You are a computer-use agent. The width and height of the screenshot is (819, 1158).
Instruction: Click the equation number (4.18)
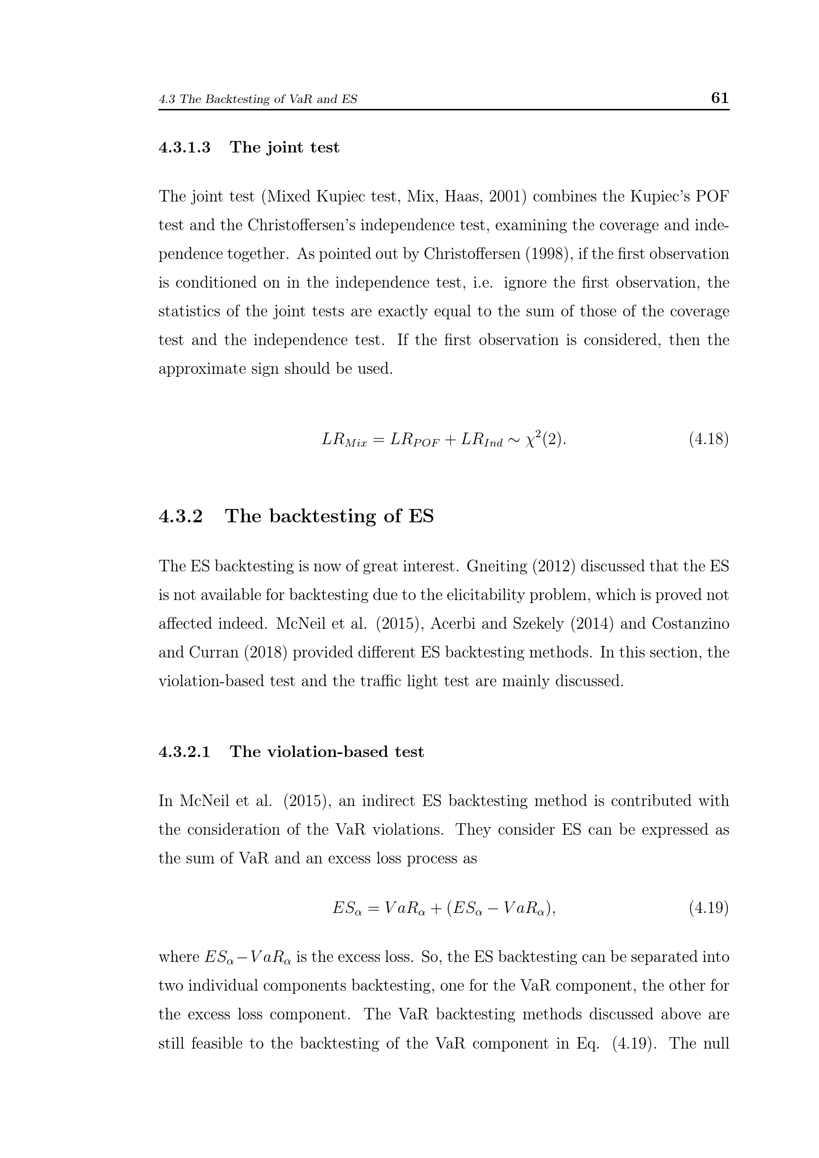tap(709, 439)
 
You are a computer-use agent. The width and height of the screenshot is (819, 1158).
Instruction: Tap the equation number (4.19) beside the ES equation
tap(709, 908)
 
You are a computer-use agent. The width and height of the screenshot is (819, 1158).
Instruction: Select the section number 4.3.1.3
tap(185, 147)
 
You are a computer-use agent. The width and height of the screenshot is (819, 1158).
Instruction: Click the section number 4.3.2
tap(181, 516)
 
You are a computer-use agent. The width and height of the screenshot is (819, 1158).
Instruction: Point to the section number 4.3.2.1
tap(185, 752)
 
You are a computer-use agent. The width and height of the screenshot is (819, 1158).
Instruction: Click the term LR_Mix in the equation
tap(345, 440)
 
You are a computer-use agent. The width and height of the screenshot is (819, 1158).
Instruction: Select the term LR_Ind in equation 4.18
tap(481, 440)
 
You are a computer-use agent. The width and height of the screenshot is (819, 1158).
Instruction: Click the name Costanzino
tap(690, 623)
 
